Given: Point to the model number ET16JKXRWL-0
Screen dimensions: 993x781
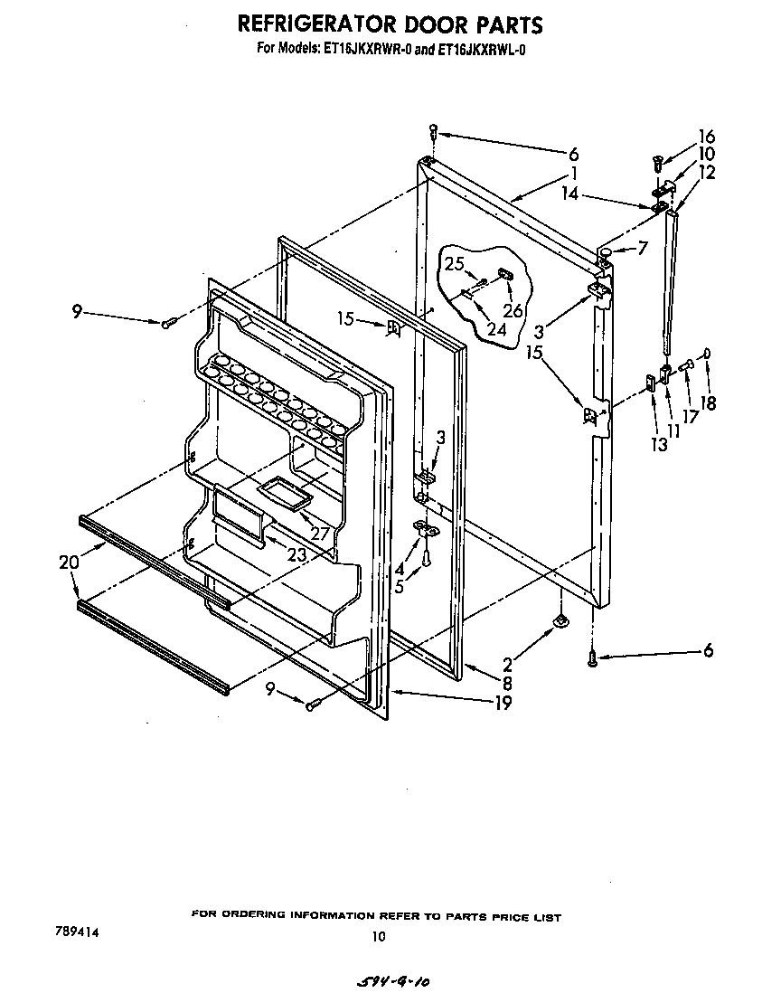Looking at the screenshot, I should pos(480,51).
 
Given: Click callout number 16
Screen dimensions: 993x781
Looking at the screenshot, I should pos(706,137).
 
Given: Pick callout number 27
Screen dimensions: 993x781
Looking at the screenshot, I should pos(319,534).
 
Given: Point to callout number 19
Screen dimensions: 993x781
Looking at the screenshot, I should pos(503,703).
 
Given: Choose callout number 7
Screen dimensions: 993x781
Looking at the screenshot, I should pos(642,247).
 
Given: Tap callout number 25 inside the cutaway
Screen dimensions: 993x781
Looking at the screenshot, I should pos(453,264).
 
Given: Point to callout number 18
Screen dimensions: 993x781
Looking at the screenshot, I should pos(709,403).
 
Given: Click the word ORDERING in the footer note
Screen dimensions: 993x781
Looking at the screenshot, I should pos(275,916).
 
